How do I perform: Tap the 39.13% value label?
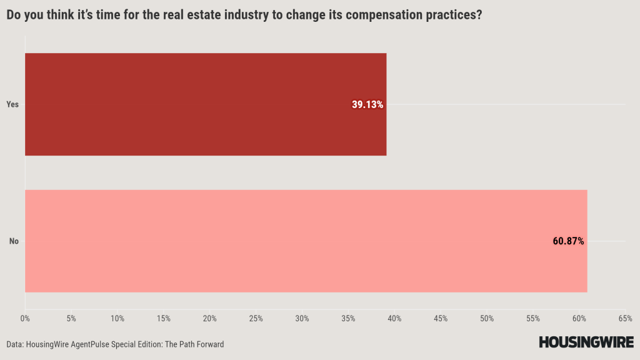(x=367, y=105)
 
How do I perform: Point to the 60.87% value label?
(x=568, y=241)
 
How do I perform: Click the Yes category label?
(x=12, y=104)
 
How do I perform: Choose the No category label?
(x=14, y=241)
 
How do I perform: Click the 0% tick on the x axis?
(x=25, y=319)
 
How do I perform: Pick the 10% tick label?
(x=117, y=319)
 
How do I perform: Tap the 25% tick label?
(x=256, y=319)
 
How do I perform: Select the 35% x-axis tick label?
(x=348, y=319)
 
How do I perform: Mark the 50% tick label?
(x=487, y=319)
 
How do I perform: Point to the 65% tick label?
(x=625, y=319)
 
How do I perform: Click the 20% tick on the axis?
(x=210, y=319)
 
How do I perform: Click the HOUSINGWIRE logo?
(x=586, y=342)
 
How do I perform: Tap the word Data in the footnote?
(x=16, y=344)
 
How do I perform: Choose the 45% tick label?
(x=441, y=319)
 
